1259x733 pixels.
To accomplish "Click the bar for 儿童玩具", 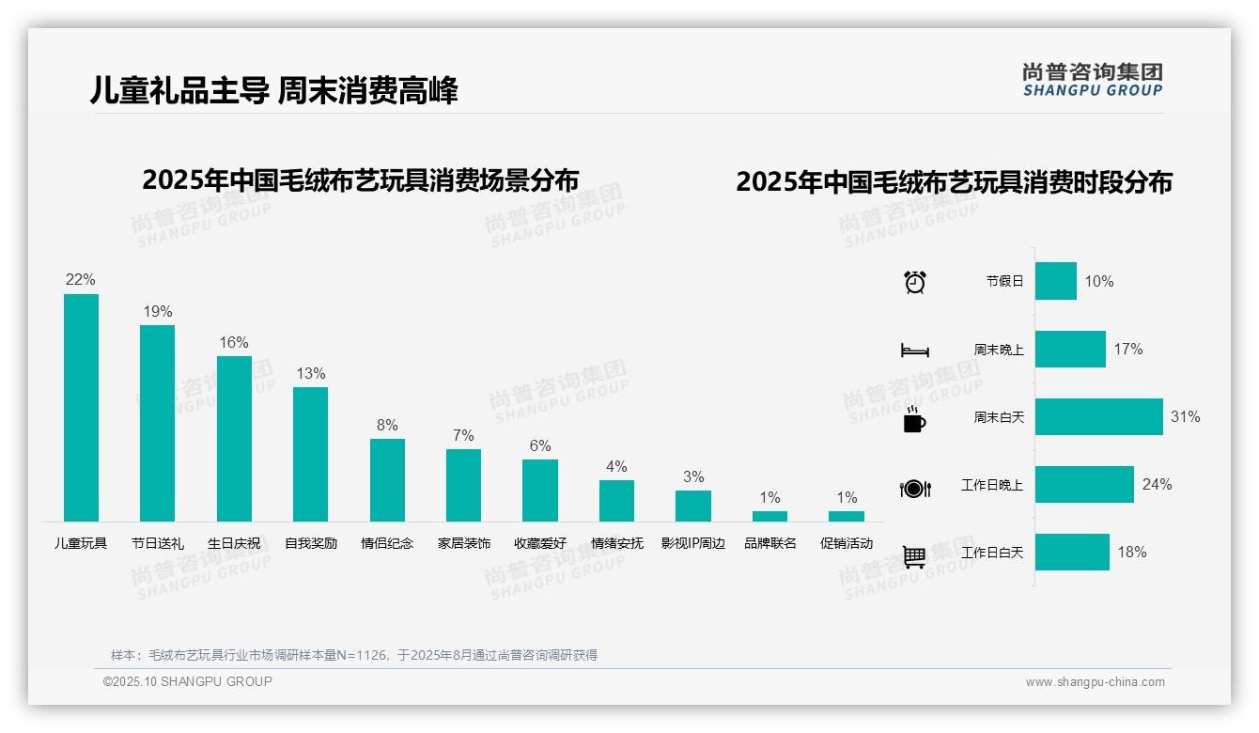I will coord(81,408).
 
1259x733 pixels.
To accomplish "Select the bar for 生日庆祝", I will coord(234,439).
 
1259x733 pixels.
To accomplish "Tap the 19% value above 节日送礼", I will coord(157,311).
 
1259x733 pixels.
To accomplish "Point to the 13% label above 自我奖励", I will coord(310,373).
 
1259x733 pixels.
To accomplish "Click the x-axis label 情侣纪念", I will coord(387,543).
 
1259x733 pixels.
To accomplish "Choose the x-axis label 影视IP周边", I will coord(693,543).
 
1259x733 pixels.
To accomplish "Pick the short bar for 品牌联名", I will coord(769,516).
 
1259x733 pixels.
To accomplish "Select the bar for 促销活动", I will coord(847,516).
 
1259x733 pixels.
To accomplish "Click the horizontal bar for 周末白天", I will coord(1098,416).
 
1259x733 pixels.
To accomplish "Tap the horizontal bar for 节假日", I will coord(1056,281).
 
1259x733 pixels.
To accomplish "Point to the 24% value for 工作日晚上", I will coord(1157,484).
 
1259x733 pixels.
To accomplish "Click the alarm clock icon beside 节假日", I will coord(915,282).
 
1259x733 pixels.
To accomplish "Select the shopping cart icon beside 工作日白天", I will coord(914,557).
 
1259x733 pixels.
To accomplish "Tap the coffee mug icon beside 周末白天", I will coord(913,420).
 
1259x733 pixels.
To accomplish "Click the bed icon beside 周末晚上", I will coord(915,351).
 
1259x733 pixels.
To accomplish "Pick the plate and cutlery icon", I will coord(915,489).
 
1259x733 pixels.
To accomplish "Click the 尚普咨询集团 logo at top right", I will coord(1093,80).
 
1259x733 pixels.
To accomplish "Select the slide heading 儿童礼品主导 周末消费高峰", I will coord(274,91).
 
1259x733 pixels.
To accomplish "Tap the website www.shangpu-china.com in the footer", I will coord(1095,682).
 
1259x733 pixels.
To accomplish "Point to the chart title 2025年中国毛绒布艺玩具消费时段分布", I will coord(954,182).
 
